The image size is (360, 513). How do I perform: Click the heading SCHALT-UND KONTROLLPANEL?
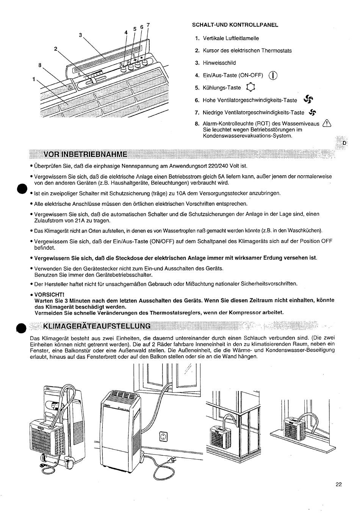[x=235, y=25]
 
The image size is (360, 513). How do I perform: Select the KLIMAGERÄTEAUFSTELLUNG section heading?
[x=97, y=326]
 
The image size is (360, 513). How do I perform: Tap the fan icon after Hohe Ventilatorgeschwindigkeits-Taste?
[x=309, y=99]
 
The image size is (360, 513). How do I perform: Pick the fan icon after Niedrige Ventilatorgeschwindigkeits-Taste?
[x=312, y=112]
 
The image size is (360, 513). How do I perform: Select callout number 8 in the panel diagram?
[x=39, y=65]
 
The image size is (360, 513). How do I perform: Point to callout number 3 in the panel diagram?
[x=80, y=35]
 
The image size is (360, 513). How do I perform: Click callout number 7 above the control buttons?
[x=148, y=25]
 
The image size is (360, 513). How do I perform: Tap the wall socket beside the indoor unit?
[x=163, y=437]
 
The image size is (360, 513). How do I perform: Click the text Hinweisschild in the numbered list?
[x=219, y=63]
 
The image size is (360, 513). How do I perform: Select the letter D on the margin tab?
[x=344, y=143]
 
